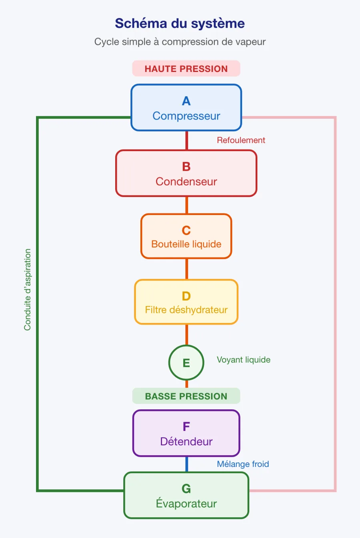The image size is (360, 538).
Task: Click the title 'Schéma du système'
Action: (x=180, y=24)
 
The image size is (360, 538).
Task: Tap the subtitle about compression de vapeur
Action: (x=180, y=42)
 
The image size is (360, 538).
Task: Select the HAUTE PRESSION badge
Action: (x=186, y=68)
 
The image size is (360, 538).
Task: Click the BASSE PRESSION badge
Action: (x=186, y=396)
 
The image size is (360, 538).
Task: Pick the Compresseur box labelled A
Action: (x=186, y=108)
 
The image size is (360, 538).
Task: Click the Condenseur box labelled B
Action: (x=186, y=173)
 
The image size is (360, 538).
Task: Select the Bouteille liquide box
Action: (x=186, y=236)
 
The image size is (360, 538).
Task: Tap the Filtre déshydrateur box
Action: (x=186, y=302)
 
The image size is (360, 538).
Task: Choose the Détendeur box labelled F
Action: (x=186, y=433)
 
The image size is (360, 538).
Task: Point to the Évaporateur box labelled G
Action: (x=186, y=495)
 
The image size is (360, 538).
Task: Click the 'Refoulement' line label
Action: (x=241, y=140)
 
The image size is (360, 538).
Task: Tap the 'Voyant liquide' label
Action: (x=244, y=360)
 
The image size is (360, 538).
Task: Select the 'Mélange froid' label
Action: (x=243, y=464)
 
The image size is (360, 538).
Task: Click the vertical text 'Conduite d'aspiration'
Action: (x=27, y=290)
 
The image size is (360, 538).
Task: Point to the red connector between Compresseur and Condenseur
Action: (x=187, y=140)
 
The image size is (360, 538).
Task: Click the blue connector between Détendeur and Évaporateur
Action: (x=187, y=464)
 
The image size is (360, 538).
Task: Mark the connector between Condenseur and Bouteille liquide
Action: (x=187, y=205)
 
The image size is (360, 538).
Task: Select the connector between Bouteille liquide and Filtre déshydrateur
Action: (x=187, y=269)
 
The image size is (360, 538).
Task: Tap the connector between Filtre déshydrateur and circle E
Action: (x=187, y=335)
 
